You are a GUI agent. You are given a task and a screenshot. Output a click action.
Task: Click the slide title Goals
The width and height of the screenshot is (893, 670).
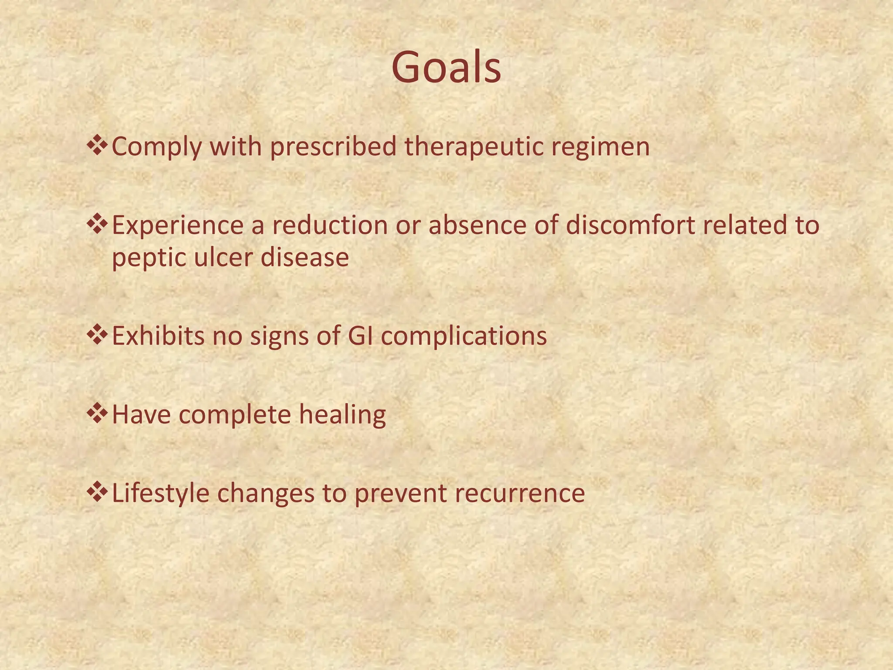coord(446,68)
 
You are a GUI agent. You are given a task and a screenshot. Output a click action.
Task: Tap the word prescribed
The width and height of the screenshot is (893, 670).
coord(333,147)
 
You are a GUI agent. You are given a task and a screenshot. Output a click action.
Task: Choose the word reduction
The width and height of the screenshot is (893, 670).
coord(330,226)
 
